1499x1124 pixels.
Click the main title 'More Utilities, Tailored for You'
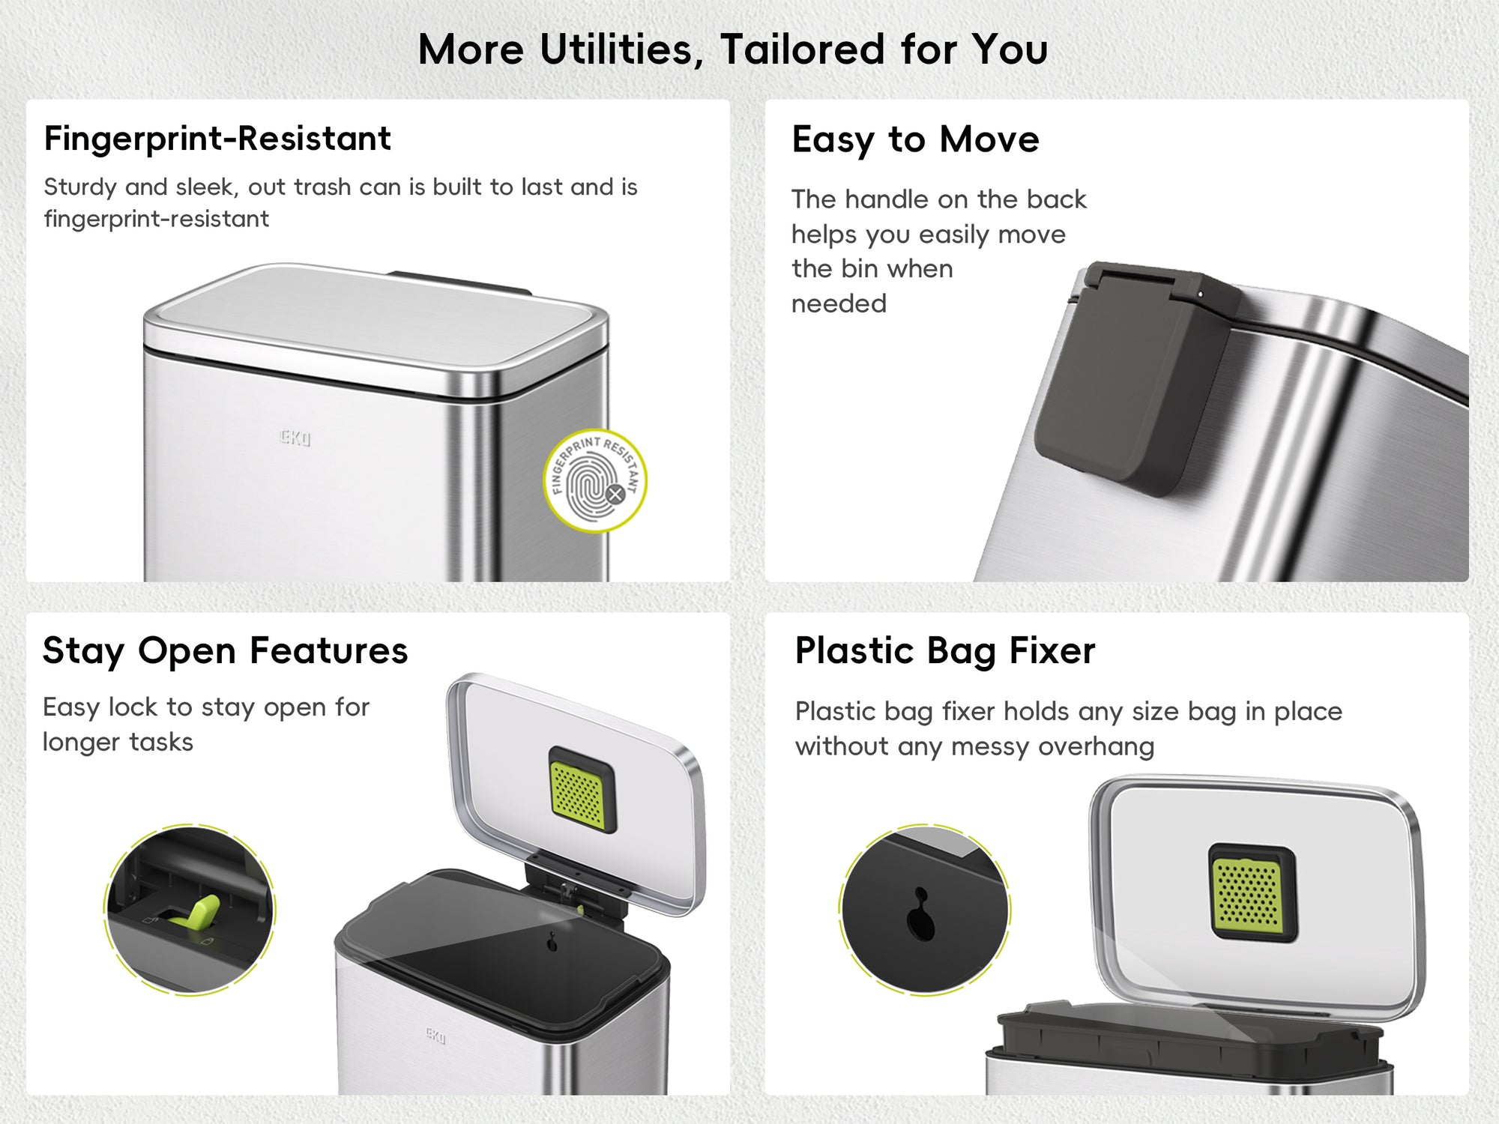click(732, 50)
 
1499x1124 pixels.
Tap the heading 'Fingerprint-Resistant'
click(217, 139)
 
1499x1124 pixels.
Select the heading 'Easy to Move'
click(915, 140)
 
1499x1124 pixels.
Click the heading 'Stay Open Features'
click(225, 650)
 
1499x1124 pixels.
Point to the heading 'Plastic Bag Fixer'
click(944, 650)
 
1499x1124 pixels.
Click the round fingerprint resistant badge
click(595, 480)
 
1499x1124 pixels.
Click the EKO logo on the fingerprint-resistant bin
click(295, 438)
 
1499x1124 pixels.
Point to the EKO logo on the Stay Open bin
click(435, 1036)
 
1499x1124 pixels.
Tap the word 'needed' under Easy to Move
click(839, 303)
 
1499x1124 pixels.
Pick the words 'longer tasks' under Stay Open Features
click(118, 743)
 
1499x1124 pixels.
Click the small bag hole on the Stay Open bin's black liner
click(552, 942)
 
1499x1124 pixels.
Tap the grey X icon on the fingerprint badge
click(615, 494)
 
